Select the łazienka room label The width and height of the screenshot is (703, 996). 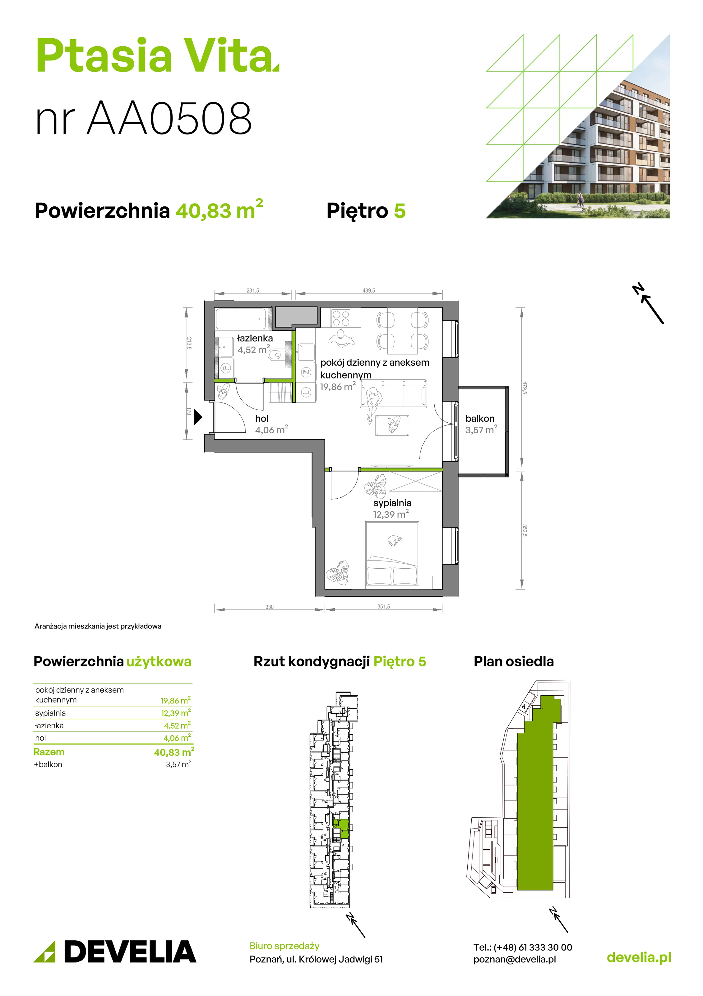255,338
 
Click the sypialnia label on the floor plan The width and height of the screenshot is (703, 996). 392,503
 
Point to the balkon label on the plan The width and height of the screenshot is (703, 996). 480,419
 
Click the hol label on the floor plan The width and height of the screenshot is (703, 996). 262,419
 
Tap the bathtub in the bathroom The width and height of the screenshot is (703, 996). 241,319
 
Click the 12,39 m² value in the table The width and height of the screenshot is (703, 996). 176,713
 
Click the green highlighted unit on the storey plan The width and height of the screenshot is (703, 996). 342,829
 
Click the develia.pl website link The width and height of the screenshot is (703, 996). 639,957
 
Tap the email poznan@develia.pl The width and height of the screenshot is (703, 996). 515,960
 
